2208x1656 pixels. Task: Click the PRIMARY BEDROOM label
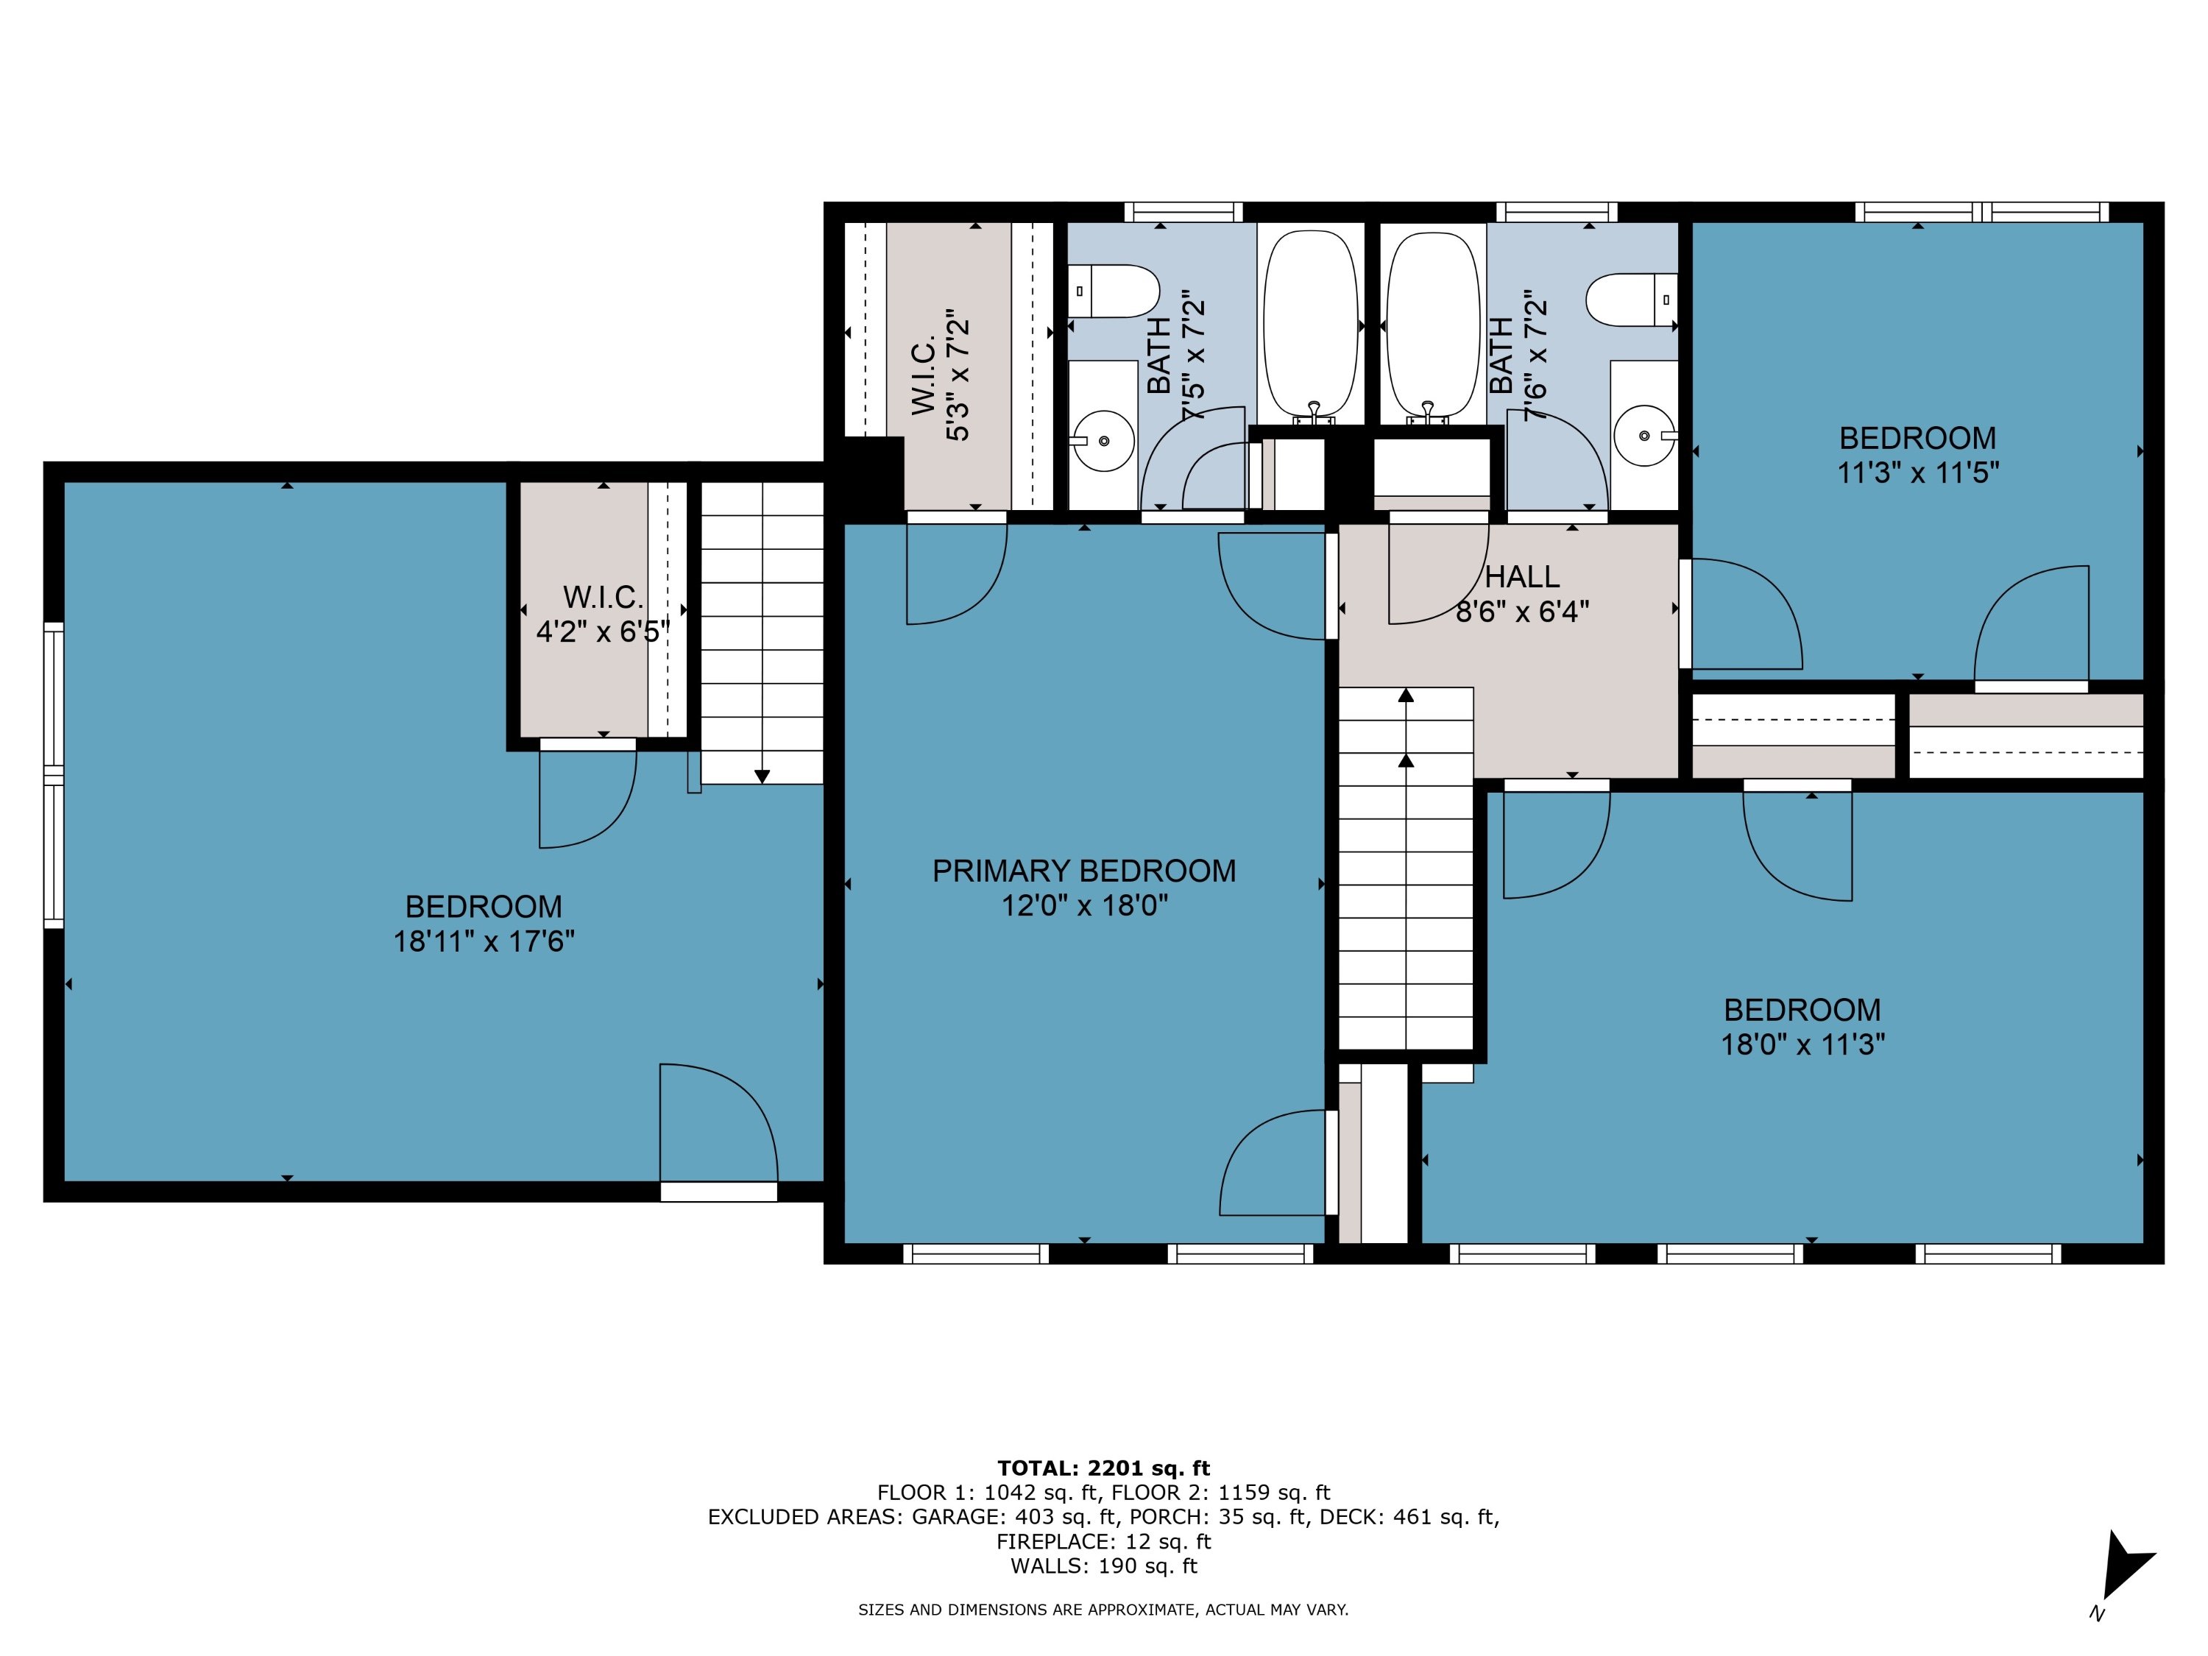1084,871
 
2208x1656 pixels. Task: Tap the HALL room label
1522,577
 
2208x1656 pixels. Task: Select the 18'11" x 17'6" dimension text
484,941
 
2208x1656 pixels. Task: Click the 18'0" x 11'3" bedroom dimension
1802,1044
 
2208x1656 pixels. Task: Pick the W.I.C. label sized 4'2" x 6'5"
603,597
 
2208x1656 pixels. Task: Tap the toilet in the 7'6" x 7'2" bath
1631,299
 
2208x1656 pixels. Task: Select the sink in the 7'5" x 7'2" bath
1103,440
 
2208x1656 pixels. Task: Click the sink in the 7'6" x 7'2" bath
1644,435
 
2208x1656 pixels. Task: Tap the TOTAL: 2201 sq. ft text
1103,1468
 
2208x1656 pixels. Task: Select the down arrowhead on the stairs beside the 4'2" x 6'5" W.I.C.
762,776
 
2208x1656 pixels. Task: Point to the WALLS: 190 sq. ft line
1103,1566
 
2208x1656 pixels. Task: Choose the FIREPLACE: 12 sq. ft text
1103,1541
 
